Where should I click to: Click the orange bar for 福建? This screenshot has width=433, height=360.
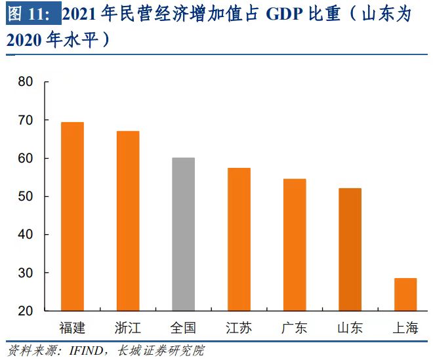[72, 216]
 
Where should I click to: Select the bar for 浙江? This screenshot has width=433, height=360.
[128, 220]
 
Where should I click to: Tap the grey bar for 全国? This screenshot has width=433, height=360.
[183, 233]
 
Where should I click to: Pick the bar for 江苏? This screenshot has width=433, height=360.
[239, 239]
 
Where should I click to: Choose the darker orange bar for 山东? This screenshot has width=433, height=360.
[350, 249]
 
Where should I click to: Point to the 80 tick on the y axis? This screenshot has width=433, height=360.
[26, 83]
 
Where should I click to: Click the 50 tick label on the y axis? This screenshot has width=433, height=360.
[26, 197]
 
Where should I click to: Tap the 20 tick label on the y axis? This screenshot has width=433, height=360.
[26, 311]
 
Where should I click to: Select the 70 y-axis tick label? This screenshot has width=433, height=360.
[26, 121]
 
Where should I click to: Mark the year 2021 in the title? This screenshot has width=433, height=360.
[84, 14]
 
